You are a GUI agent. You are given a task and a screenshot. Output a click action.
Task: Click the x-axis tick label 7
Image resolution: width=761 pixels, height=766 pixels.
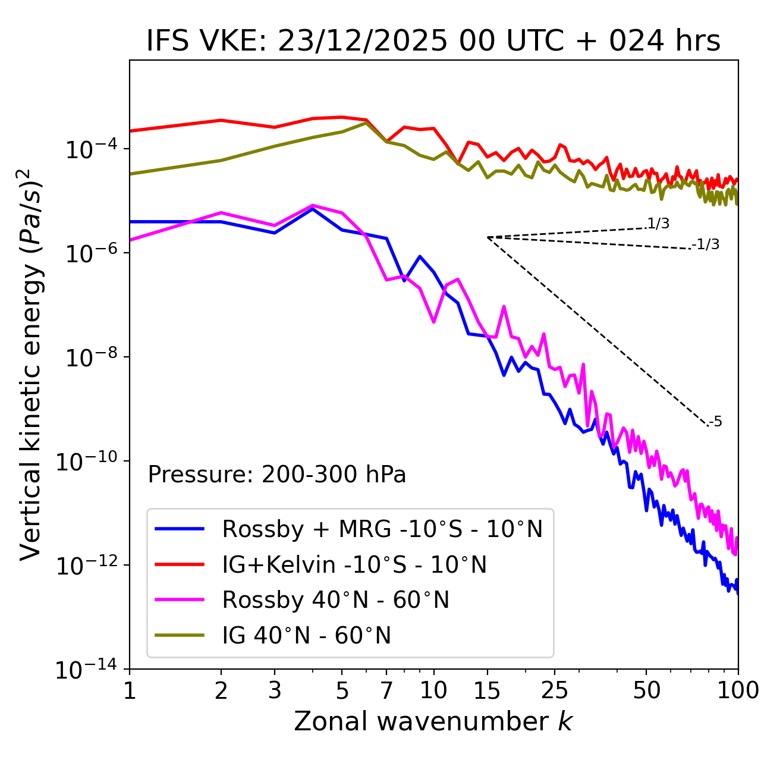pos(386,690)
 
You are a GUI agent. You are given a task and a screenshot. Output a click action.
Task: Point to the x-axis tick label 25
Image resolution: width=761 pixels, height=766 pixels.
pos(555,690)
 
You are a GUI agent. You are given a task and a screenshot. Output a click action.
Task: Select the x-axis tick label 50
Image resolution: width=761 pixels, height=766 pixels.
pos(646,690)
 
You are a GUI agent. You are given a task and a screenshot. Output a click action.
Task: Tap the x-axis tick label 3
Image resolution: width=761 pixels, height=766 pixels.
pos(274,690)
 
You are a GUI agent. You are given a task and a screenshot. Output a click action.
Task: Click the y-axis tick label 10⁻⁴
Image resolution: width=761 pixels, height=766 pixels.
pos(89,149)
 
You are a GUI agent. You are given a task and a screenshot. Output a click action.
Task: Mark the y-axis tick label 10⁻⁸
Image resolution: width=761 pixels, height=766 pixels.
pos(89,357)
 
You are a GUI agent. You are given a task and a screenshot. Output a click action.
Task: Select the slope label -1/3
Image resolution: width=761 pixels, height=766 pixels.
pos(706,244)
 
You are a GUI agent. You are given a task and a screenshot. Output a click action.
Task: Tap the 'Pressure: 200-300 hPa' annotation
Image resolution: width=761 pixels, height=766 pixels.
pos(276,475)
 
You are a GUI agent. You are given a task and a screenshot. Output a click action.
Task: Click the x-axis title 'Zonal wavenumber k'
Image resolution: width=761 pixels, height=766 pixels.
pos(433,721)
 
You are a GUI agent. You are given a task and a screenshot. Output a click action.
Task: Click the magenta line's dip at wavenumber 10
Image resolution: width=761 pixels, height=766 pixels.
pos(433,322)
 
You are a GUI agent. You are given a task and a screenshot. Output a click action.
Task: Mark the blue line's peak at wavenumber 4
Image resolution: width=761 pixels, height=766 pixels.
pos(313,209)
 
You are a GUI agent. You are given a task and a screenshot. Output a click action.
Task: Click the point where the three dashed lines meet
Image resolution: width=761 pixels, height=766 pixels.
pos(488,237)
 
